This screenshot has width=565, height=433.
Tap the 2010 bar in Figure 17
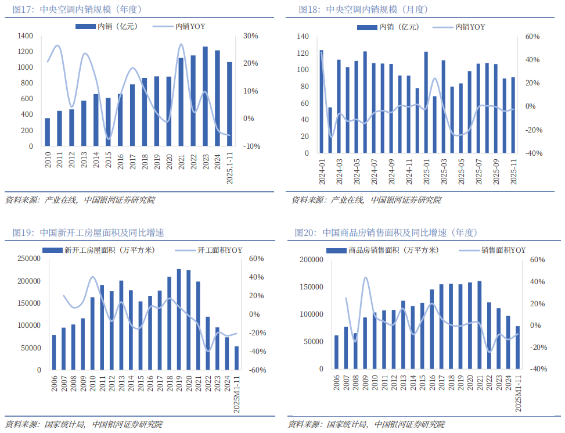[47, 133]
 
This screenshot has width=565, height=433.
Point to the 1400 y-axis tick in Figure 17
[25, 36]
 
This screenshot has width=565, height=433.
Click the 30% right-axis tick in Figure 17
[251, 36]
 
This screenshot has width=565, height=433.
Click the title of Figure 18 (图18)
[363, 10]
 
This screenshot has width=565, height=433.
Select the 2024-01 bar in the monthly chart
[322, 102]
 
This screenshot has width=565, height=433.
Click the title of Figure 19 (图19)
[88, 233]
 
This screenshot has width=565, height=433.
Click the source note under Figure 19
[84, 424]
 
